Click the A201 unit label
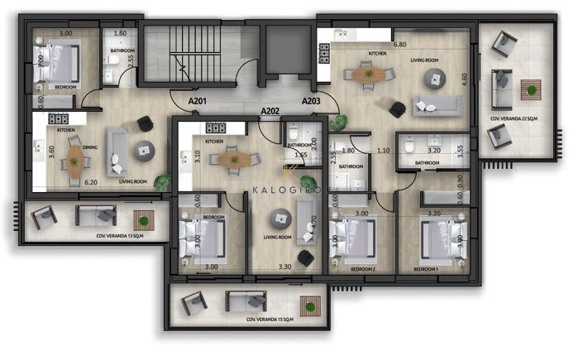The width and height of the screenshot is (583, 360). (x=197, y=101)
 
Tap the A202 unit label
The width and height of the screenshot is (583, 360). (x=270, y=110)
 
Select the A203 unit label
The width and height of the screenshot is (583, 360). (x=311, y=101)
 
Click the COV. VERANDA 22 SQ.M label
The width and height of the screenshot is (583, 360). (x=513, y=120)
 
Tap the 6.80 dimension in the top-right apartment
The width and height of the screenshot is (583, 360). (x=399, y=45)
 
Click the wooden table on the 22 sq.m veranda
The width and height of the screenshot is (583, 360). (x=530, y=86)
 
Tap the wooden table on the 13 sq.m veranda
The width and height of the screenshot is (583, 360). (x=145, y=219)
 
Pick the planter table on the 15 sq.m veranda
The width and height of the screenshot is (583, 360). (x=310, y=305)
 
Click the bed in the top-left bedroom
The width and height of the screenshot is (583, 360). (x=58, y=62)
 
